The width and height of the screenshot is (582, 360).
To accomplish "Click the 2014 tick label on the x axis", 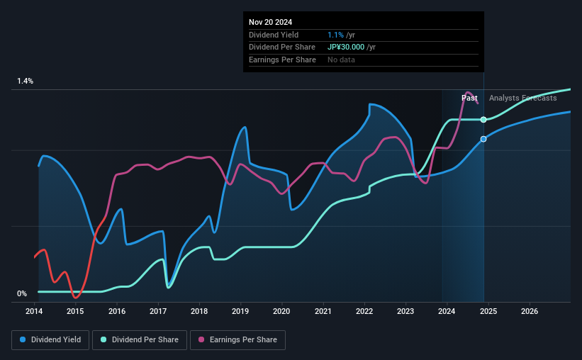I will coord(35,311).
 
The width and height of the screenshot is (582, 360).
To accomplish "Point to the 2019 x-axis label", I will coord(240,311).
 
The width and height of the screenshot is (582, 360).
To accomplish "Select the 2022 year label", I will coord(364,311).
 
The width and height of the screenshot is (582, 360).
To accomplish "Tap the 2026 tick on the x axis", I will coord(529,311).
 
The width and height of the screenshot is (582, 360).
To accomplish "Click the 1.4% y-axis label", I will coord(26,81).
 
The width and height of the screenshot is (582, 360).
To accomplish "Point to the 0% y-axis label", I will coord(22,293).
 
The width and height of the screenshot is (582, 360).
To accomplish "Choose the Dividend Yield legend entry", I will coord(50,340).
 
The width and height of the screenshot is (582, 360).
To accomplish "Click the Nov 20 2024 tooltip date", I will coord(271,22).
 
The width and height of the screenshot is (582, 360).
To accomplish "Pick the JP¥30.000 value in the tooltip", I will coord(347,47).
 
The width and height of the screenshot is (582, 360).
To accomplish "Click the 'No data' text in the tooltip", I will coord(341,60).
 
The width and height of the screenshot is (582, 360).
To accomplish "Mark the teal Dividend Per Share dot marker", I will coord(483,120).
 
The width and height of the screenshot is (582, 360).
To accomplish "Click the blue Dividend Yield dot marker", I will coord(483,139).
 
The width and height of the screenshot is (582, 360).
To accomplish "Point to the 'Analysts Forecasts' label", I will coord(522,98).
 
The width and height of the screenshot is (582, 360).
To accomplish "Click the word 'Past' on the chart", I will coord(469,98).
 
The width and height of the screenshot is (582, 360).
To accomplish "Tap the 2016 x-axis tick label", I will coord(117,311).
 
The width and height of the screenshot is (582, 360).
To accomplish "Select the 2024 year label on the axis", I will coord(447,311).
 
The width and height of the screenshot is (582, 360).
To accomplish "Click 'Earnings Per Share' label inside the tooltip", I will coord(282,60).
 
